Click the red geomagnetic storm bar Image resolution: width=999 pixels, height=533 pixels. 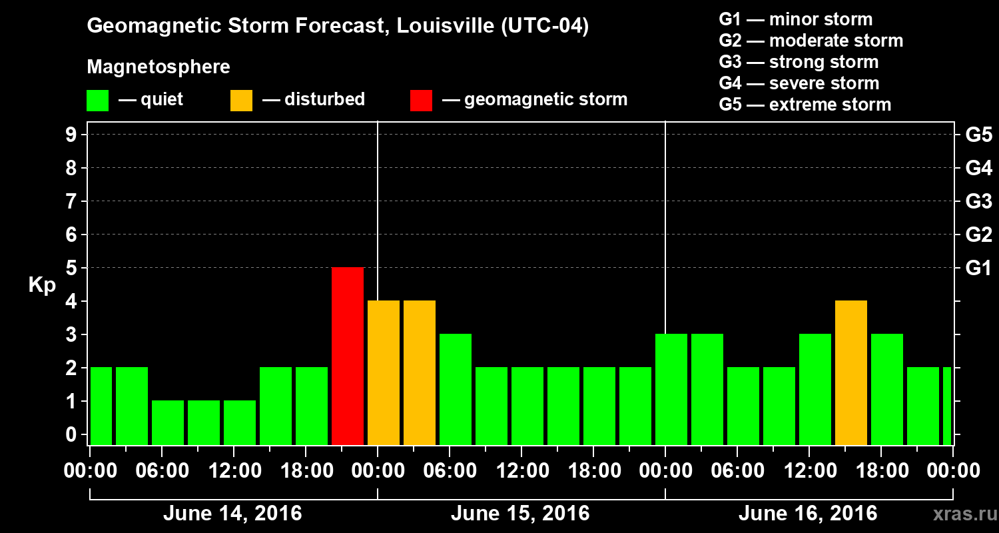(x=348, y=356)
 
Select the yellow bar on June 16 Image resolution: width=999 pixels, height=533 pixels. (x=851, y=372)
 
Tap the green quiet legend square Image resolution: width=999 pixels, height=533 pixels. (x=97, y=101)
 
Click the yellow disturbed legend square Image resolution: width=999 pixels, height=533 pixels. (x=241, y=101)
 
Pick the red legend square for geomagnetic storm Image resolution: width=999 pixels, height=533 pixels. (x=421, y=101)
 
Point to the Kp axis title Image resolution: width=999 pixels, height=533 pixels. (x=42, y=285)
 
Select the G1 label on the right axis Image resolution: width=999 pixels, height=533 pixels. (x=978, y=268)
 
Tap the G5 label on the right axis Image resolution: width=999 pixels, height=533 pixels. (x=978, y=135)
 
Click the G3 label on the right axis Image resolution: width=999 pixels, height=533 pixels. (x=978, y=202)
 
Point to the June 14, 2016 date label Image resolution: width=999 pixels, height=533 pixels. (x=232, y=514)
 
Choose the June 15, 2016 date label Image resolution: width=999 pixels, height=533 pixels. (x=520, y=514)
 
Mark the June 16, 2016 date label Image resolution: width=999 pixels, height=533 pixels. (x=808, y=514)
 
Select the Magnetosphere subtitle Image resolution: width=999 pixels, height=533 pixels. (x=159, y=67)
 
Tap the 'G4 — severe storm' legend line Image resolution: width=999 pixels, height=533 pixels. (x=799, y=83)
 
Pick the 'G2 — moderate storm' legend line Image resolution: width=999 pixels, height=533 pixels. (x=811, y=41)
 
